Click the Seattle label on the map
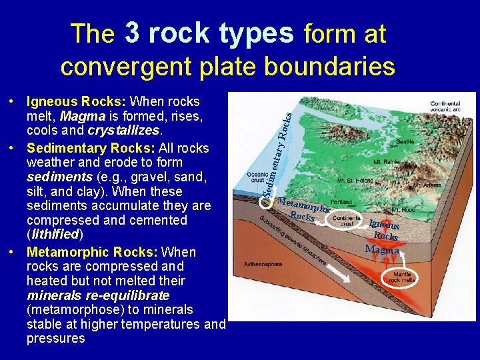click(405, 141)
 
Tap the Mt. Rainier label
click(385, 162)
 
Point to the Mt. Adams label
click(427, 185)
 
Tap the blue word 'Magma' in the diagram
click(382, 249)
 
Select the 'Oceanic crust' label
click(257, 179)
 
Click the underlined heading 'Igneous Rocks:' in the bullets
click(76, 102)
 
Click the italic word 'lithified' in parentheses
click(53, 234)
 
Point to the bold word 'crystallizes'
click(121, 131)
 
